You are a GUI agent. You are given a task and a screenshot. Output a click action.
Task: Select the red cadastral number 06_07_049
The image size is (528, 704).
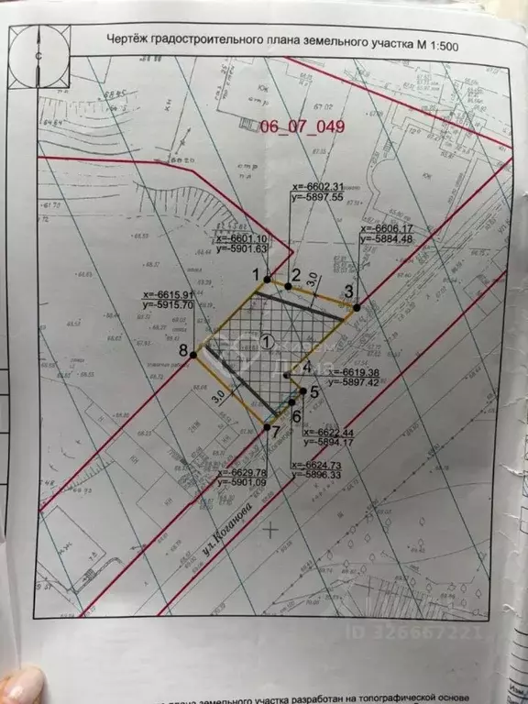(x=303, y=127)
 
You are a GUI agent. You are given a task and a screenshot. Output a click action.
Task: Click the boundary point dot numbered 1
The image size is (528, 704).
(x=267, y=278)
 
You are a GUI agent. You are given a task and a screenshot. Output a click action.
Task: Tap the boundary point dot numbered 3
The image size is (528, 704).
(x=357, y=306)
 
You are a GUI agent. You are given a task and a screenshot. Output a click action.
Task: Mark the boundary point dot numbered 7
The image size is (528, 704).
(x=266, y=427)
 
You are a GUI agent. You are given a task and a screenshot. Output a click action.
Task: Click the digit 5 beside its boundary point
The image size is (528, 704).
(x=314, y=391)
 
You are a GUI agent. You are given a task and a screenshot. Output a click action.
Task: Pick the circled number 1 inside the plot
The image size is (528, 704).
(x=267, y=341)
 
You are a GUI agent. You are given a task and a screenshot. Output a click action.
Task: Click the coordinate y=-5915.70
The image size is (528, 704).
(x=169, y=304)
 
